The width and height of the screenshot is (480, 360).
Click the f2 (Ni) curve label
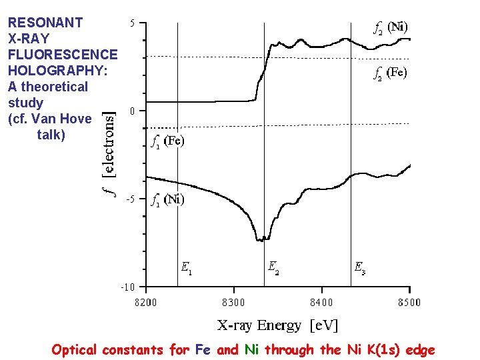390,27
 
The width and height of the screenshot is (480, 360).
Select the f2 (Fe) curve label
390,72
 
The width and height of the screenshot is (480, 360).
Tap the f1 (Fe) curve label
167,141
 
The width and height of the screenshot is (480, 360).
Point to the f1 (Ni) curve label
167,199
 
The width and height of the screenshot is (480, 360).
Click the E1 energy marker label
187,268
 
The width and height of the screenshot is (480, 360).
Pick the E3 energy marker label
359,268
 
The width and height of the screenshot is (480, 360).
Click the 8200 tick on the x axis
147,302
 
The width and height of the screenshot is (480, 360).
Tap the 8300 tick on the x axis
233,302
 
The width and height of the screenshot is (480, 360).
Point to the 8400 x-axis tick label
321,302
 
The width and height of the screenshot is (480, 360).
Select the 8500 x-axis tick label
409,302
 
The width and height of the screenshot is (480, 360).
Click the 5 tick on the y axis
132,23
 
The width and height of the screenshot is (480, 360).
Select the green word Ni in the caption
251,349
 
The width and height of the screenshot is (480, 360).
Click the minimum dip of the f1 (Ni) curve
261,239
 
